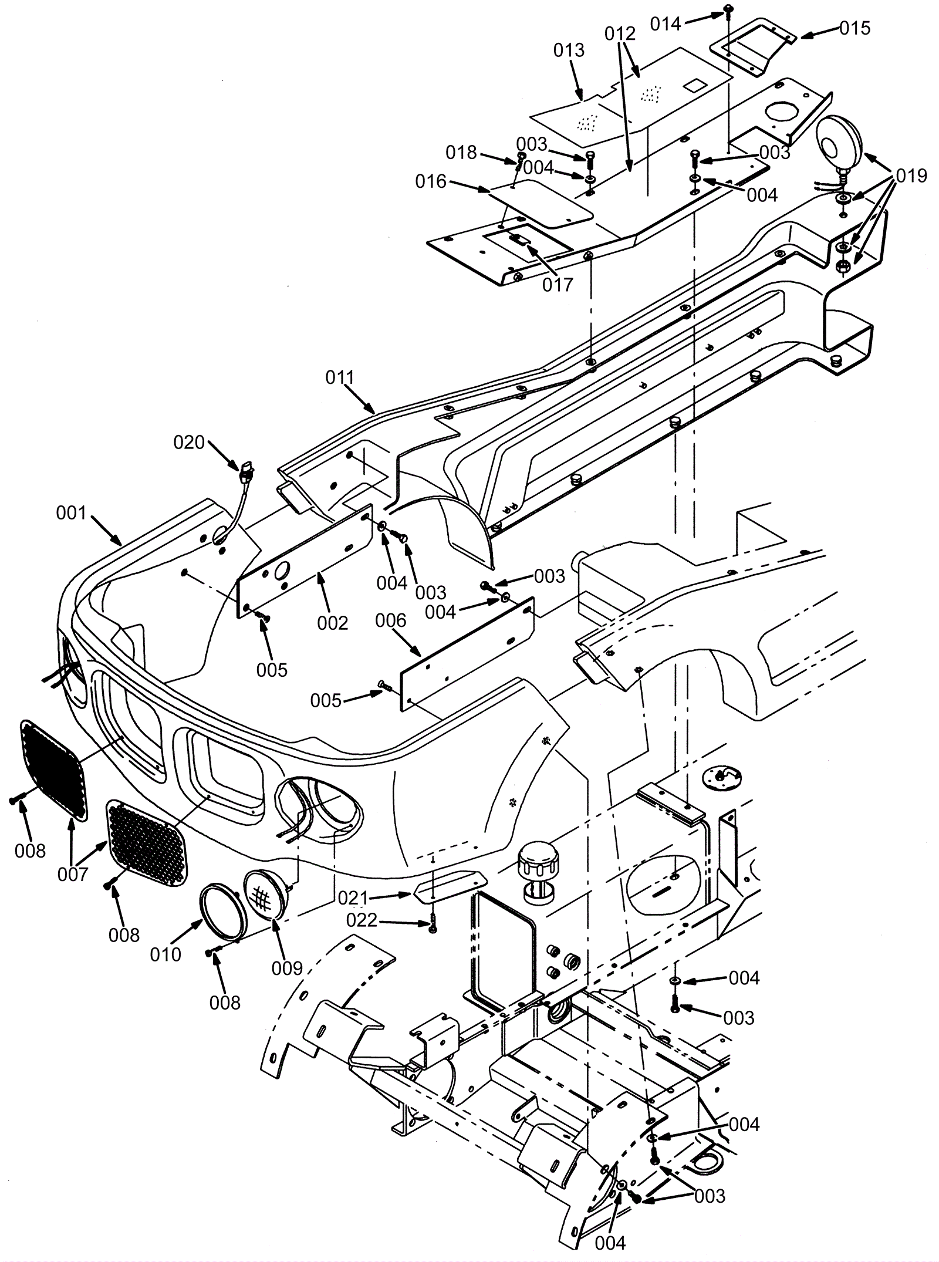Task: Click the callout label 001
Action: [x=71, y=513]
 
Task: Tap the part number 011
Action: [x=341, y=377]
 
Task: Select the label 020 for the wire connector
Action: [x=189, y=442]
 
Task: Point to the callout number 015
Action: [x=854, y=28]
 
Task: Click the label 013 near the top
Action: [x=569, y=50]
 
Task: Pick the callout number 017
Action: [x=557, y=285]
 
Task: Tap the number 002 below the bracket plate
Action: [x=333, y=623]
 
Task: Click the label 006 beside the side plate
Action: [x=391, y=620]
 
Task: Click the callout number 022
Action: [x=362, y=920]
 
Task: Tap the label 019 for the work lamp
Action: [x=911, y=176]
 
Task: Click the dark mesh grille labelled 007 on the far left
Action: [x=53, y=768]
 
